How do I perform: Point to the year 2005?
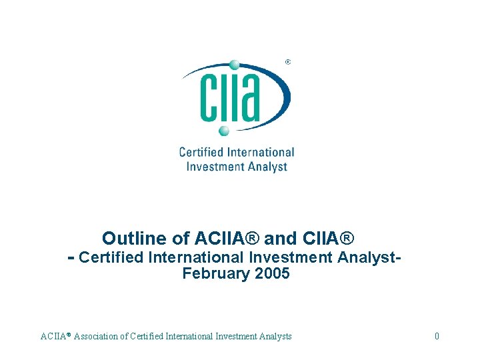[272, 273]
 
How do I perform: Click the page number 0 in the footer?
[437, 337]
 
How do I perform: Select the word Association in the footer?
[99, 337]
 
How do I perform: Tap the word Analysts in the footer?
[275, 337]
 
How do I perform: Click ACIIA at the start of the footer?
[53, 337]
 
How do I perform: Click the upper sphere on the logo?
[234, 65]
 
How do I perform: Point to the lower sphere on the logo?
[224, 130]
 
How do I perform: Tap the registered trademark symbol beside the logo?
[287, 62]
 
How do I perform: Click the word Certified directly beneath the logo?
[200, 153]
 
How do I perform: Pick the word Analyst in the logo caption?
[266, 166]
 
